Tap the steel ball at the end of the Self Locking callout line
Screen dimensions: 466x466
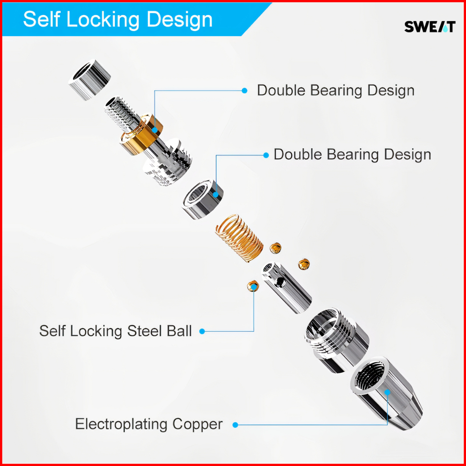[x=253, y=286]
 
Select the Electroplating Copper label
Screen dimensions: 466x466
[x=149, y=424]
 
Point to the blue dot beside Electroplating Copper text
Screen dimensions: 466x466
[x=235, y=425]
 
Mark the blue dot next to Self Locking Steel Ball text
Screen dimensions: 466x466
[x=202, y=331]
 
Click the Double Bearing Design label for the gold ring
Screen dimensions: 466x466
[x=335, y=90]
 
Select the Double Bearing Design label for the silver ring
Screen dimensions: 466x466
[x=352, y=155]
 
